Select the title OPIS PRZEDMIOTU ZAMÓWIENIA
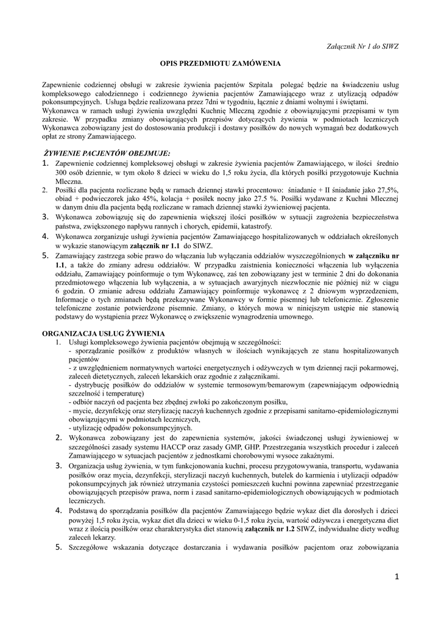[220, 63]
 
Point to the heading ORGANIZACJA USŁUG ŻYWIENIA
[102, 334]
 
